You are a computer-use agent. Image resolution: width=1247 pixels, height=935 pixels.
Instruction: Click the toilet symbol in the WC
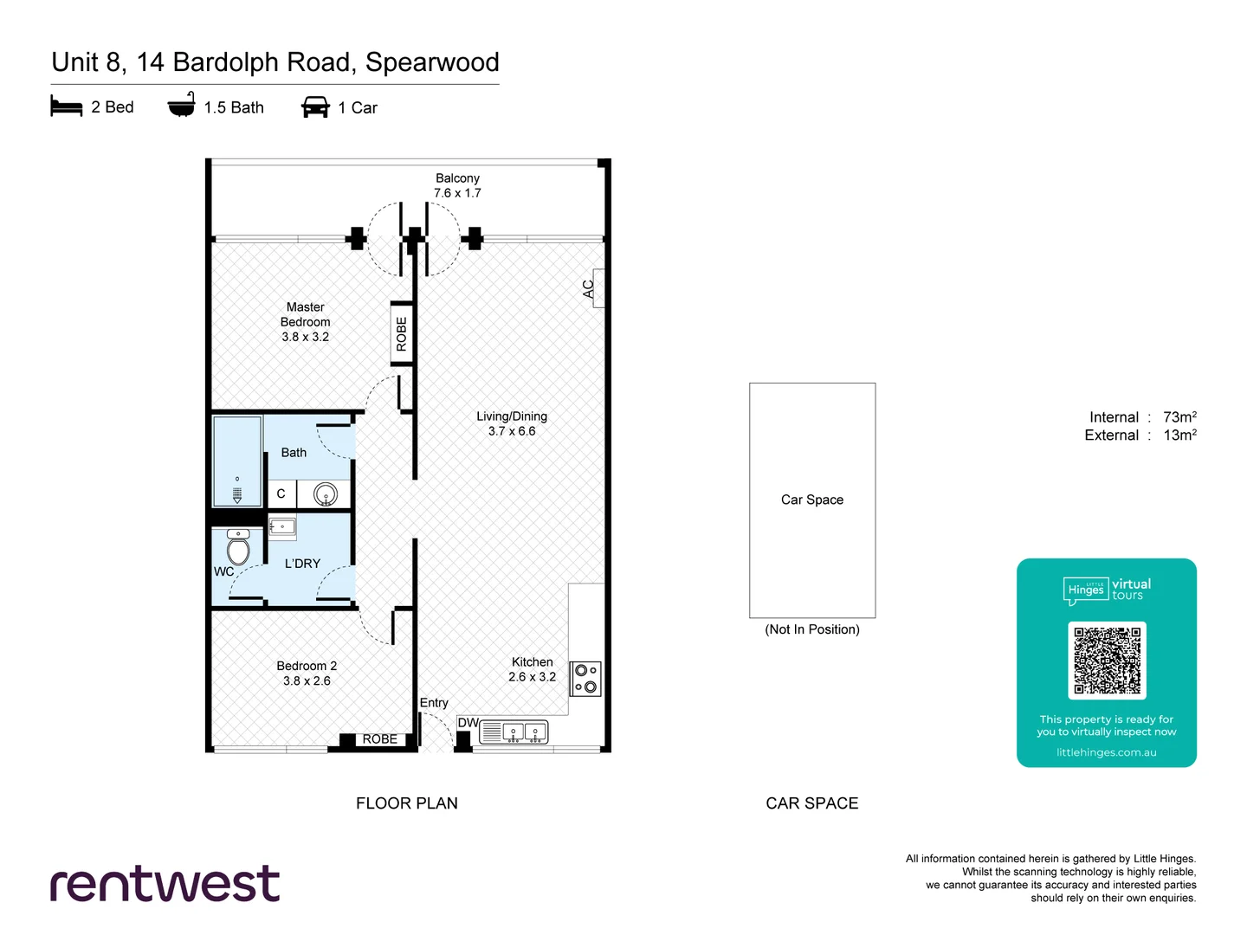pyautogui.click(x=238, y=548)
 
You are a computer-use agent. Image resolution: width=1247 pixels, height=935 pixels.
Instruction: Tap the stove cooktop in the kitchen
pyautogui.click(x=585, y=679)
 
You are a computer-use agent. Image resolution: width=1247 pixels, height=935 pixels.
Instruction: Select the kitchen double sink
pyautogui.click(x=525, y=732)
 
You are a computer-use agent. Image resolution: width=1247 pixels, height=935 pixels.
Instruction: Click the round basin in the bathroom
pyautogui.click(x=325, y=494)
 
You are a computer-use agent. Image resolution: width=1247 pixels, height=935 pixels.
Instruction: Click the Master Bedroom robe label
pyautogui.click(x=401, y=334)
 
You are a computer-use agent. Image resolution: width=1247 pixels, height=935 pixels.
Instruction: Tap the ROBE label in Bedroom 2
pyautogui.click(x=379, y=739)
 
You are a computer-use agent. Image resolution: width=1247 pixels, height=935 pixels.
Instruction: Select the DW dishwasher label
pyautogui.click(x=468, y=723)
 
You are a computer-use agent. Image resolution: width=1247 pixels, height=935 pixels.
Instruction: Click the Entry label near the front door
pyautogui.click(x=434, y=703)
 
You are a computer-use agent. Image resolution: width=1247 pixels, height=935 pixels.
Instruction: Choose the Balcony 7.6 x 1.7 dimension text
pyautogui.click(x=457, y=193)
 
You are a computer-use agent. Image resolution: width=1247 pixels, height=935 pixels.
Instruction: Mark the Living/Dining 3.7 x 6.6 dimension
pyautogui.click(x=512, y=431)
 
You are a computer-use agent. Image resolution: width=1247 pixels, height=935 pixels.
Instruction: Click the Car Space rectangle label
pyautogui.click(x=811, y=500)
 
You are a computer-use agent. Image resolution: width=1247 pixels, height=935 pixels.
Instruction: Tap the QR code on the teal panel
pyautogui.click(x=1107, y=660)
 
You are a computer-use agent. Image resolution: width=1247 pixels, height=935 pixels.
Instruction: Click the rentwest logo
pyautogui.click(x=165, y=884)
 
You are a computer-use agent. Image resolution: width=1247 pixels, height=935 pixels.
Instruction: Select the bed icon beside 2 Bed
pyautogui.click(x=67, y=107)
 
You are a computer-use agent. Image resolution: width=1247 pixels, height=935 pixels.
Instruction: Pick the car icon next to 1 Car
pyautogui.click(x=315, y=107)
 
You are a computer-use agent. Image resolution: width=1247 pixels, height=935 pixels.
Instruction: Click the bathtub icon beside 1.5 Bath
pyautogui.click(x=181, y=106)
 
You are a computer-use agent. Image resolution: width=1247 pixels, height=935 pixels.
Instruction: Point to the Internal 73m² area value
pyautogui.click(x=1179, y=417)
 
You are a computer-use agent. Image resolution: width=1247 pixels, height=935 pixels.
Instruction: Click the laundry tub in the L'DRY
pyautogui.click(x=282, y=526)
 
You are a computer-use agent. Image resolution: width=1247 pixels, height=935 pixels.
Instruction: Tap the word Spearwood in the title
pyautogui.click(x=432, y=62)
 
